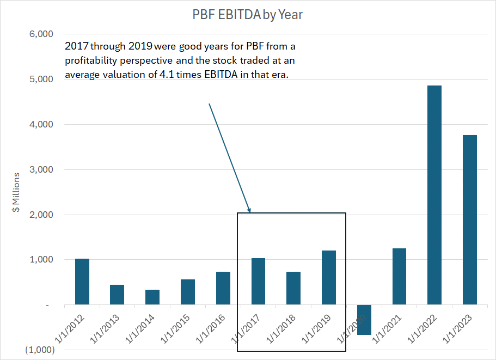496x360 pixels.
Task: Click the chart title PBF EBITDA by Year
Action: pyautogui.click(x=247, y=15)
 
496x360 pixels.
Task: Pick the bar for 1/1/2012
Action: pyautogui.click(x=82, y=282)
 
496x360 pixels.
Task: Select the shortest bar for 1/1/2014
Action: pyautogui.click(x=152, y=297)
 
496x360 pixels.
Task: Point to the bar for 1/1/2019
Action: pyautogui.click(x=328, y=277)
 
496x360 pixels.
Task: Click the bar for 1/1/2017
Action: pyautogui.click(x=258, y=281)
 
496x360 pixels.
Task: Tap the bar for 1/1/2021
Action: pyautogui.click(x=399, y=276)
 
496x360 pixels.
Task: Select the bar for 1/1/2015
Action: pyautogui.click(x=188, y=292)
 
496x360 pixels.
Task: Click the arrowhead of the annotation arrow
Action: pyautogui.click(x=249, y=210)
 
